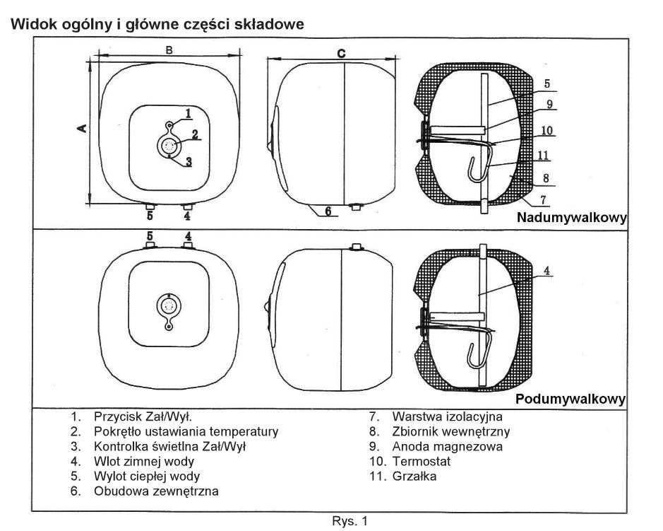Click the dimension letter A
pyautogui.click(x=82, y=127)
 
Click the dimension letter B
pyautogui.click(x=169, y=49)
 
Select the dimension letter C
pyautogui.click(x=341, y=53)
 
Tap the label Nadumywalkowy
pyautogui.click(x=571, y=217)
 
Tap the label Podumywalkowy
pyautogui.click(x=571, y=399)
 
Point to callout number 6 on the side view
pyautogui.click(x=328, y=211)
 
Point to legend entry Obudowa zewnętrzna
pyautogui.click(x=155, y=491)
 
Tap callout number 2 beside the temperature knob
pyautogui.click(x=194, y=134)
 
